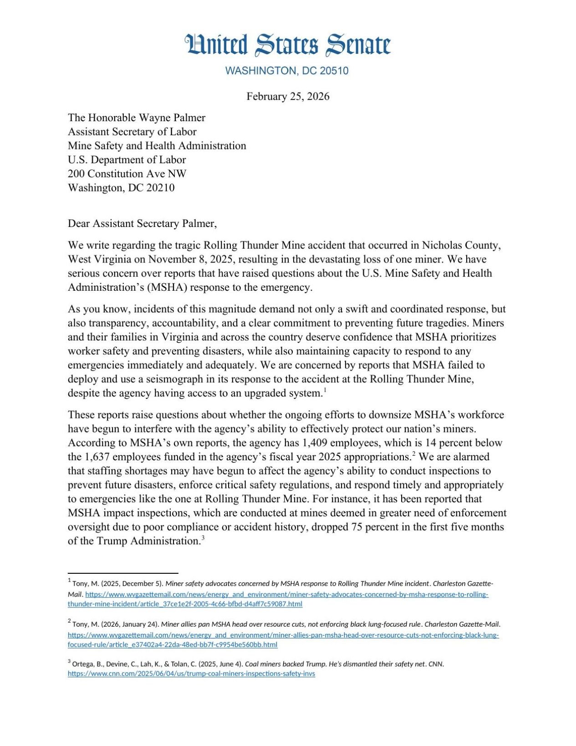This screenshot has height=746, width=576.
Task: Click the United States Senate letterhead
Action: click(x=288, y=45)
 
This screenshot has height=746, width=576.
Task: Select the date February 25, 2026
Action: click(x=288, y=97)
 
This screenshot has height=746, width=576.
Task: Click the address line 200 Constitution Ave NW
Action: click(x=127, y=174)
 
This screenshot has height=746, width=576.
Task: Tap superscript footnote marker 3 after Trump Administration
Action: click(x=203, y=538)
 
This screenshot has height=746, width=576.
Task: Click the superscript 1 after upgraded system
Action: click(x=325, y=390)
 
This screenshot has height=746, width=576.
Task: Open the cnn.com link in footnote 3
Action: click(x=191, y=674)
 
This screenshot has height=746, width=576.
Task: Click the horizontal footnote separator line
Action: click(x=123, y=573)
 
